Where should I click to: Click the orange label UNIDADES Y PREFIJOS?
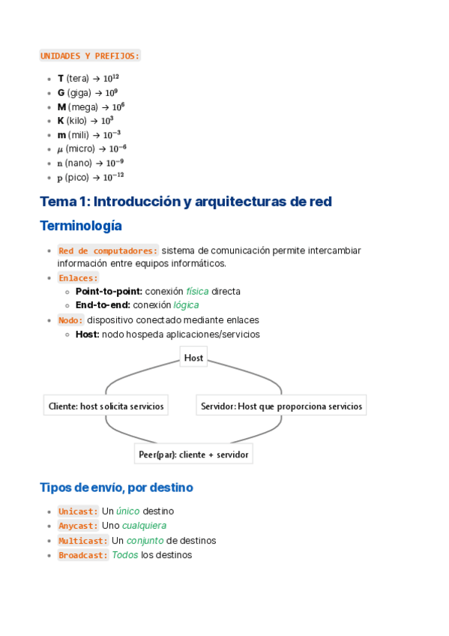click(90, 55)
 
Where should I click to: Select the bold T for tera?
click(61, 78)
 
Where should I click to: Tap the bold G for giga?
click(61, 92)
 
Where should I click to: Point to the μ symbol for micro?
click(61, 149)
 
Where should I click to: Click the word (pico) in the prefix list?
click(79, 178)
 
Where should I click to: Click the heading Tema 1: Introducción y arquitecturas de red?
click(185, 201)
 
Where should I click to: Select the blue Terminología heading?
click(80, 226)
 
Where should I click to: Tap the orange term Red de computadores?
click(108, 250)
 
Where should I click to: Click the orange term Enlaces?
click(78, 277)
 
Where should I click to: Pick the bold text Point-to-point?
click(109, 291)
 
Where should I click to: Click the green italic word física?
click(197, 291)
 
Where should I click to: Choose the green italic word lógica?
click(187, 305)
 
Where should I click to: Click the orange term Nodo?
click(70, 320)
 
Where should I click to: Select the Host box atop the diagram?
click(193, 358)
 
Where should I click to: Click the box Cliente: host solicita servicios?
click(106, 406)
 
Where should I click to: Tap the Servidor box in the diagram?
click(281, 406)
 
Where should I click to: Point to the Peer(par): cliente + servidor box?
click(193, 454)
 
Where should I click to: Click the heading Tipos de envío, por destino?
click(116, 487)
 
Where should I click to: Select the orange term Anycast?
click(78, 526)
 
